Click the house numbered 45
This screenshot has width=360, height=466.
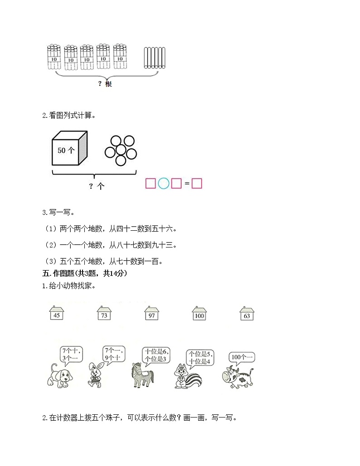[57, 314]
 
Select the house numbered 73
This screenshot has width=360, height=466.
[104, 314]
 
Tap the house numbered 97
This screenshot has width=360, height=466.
[151, 314]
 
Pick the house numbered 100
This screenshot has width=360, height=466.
[199, 314]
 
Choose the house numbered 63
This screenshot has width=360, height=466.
[247, 314]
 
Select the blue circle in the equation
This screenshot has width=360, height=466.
[164, 184]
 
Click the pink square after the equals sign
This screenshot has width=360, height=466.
[196, 184]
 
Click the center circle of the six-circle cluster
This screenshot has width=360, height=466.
[121, 150]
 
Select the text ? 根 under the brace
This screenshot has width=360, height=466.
[105, 83]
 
